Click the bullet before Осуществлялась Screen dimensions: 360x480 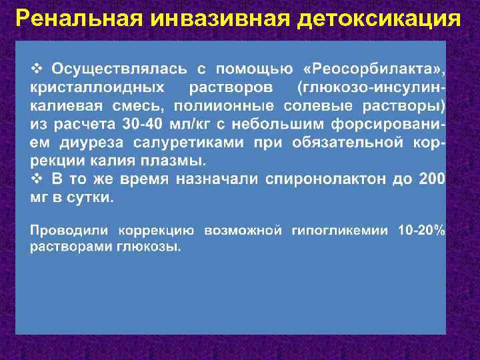(x=38, y=69)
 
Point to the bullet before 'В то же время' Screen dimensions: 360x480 (x=38, y=179)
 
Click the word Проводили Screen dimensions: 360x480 (x=70, y=231)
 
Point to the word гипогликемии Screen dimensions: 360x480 (x=340, y=231)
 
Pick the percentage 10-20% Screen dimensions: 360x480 (x=422, y=231)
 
